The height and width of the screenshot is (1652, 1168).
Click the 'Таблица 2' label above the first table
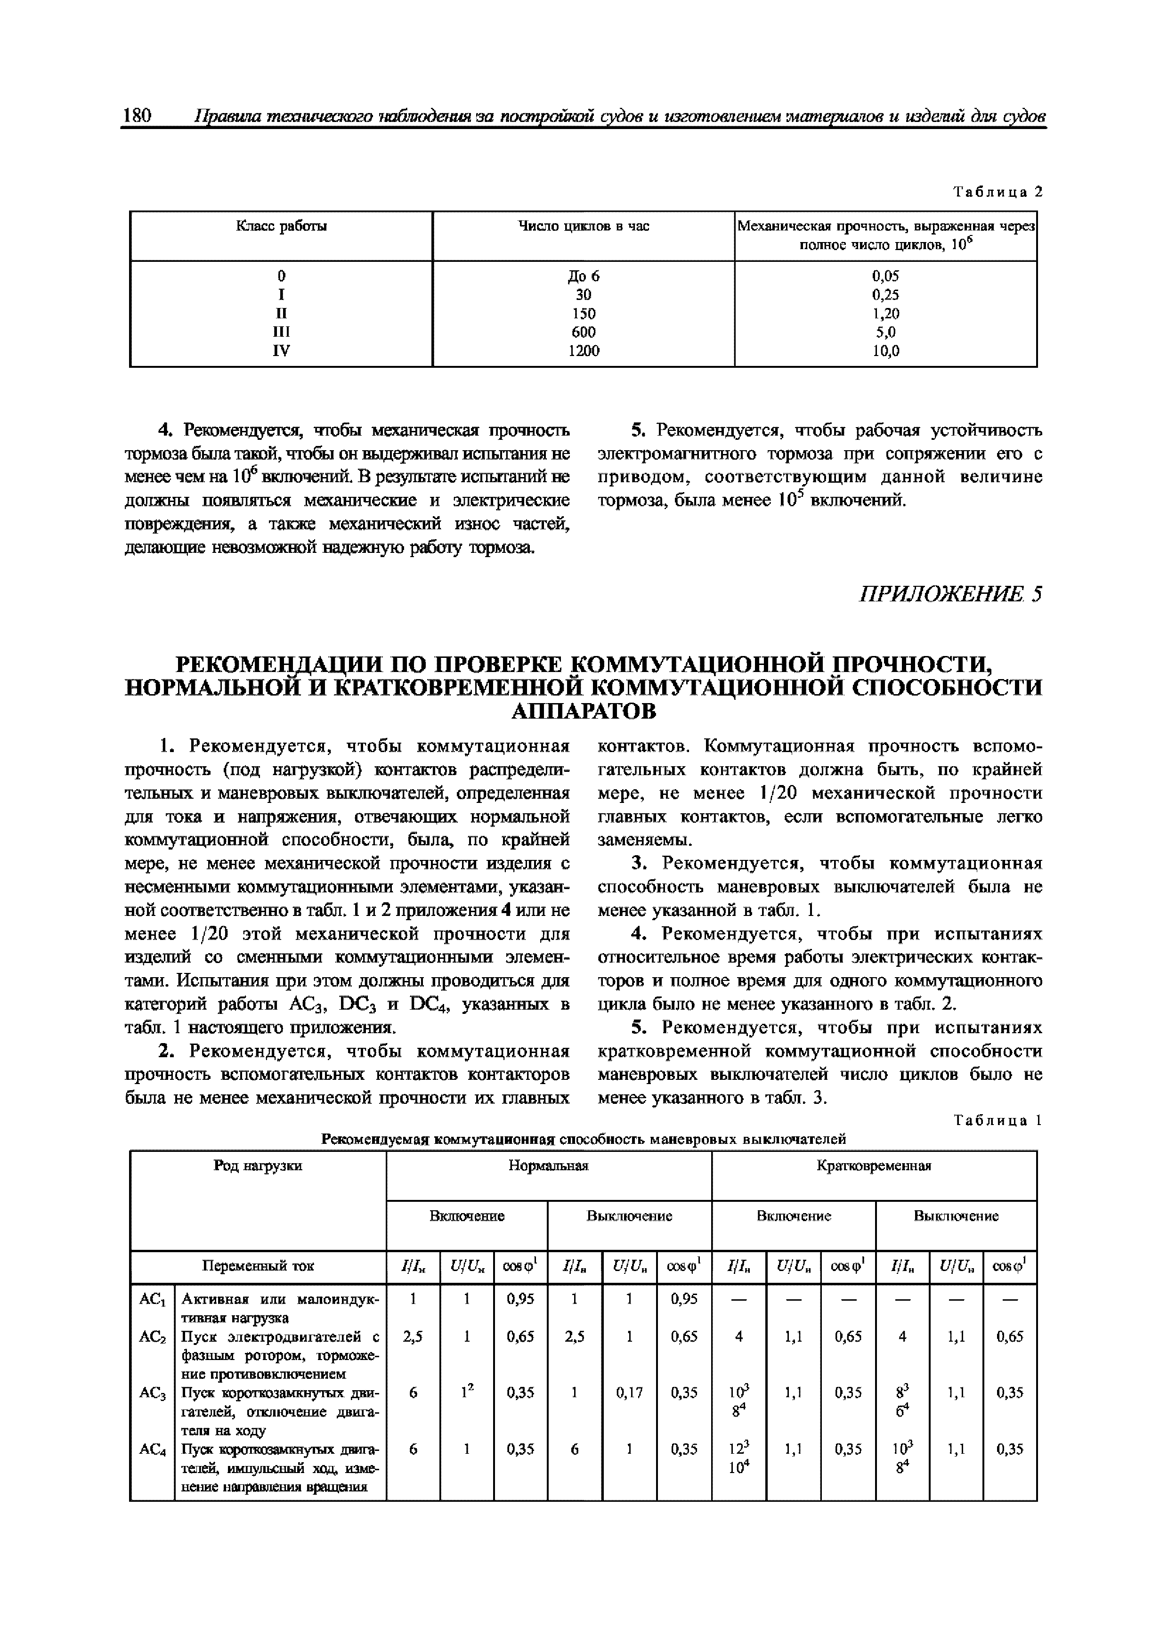pos(998,192)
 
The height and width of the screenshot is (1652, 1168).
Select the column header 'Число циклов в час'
pos(584,227)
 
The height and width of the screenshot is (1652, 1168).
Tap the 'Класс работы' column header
pos(281,227)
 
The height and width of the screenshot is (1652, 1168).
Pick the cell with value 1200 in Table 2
pos(584,351)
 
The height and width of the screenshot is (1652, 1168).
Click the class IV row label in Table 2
pos(281,351)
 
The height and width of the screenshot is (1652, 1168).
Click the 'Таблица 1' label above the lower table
pos(998,1121)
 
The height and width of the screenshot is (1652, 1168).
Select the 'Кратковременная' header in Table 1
pos(874,1166)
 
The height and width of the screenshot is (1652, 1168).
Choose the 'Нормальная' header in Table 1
pos(548,1166)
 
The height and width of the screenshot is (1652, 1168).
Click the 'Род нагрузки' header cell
pos(258,1166)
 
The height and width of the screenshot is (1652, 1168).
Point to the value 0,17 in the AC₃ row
pos(629,1393)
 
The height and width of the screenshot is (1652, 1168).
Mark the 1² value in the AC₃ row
pos(467,1393)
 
